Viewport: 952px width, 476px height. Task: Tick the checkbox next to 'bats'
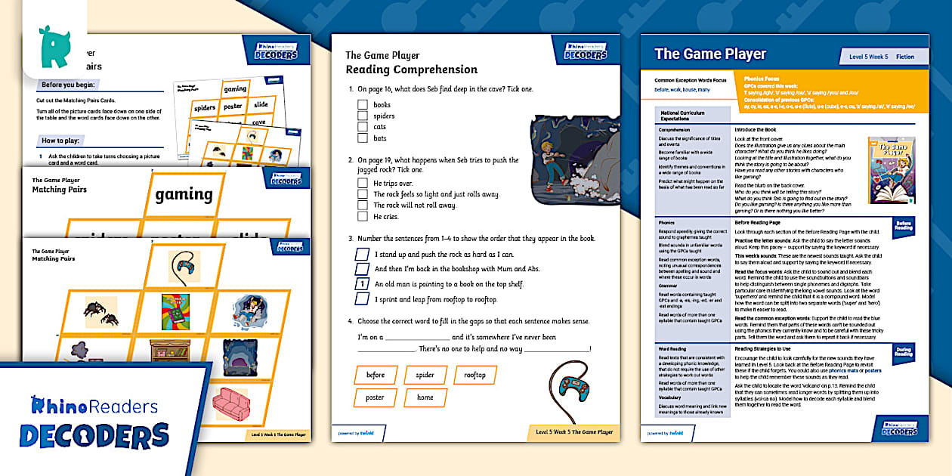point(363,138)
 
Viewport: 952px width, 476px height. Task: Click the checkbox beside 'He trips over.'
point(363,184)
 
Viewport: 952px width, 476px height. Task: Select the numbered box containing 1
point(363,284)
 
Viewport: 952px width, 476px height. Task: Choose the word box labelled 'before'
point(376,375)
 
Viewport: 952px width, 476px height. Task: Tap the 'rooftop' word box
point(474,375)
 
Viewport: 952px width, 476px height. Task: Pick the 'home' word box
point(425,397)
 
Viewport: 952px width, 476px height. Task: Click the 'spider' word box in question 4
point(425,375)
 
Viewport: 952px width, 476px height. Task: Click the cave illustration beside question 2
point(567,159)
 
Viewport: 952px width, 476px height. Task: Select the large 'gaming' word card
point(184,195)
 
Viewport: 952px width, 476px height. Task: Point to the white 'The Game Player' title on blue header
point(710,54)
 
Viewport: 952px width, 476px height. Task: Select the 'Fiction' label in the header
point(904,57)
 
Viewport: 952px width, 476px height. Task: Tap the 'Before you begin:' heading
point(73,85)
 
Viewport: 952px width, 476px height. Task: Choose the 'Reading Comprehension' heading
point(411,70)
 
